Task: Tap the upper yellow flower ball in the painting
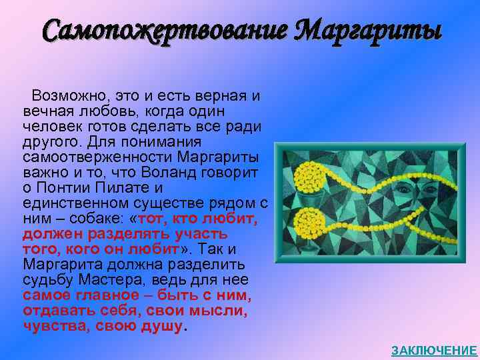308,177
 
